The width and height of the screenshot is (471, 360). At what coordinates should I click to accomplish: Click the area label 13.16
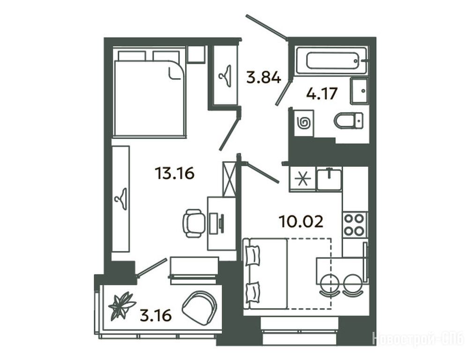(174, 173)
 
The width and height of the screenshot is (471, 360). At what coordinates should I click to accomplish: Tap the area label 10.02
(301, 221)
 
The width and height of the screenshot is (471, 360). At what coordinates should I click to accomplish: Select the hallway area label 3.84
(263, 77)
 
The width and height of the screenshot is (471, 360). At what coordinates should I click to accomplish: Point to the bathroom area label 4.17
(321, 93)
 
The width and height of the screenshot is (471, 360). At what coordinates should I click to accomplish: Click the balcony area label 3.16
(156, 315)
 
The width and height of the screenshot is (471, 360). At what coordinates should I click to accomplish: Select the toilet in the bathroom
(348, 121)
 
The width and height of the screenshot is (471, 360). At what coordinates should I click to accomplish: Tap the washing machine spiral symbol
(304, 123)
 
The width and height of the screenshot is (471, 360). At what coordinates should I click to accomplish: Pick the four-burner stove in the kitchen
(355, 225)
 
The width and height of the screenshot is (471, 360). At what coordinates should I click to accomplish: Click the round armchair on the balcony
(200, 307)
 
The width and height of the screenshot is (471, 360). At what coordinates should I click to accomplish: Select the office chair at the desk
(193, 223)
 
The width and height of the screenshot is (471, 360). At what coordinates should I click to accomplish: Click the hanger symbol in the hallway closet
(224, 76)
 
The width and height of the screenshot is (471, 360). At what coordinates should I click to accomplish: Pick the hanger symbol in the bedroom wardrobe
(121, 199)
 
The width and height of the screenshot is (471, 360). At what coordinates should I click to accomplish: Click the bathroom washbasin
(359, 91)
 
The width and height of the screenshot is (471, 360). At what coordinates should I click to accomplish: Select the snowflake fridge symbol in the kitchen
(302, 180)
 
